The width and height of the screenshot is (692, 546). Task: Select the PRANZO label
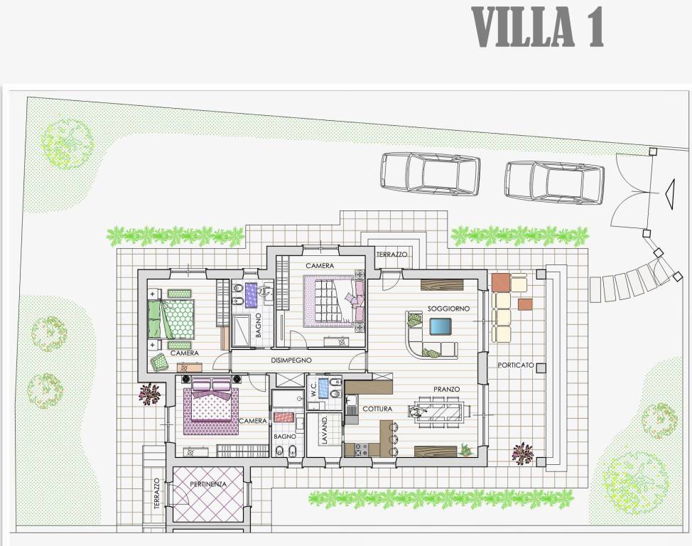click(446, 389)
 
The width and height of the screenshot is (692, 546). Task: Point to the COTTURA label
click(377, 409)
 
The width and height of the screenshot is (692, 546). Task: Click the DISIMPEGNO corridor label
click(291, 360)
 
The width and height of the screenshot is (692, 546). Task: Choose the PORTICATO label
click(516, 365)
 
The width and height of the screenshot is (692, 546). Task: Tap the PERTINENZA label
click(208, 483)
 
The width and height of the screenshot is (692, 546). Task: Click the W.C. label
click(313, 389)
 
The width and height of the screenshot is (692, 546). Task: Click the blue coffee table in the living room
click(440, 326)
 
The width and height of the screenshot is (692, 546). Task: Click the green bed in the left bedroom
click(171, 319)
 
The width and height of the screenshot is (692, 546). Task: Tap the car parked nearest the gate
click(554, 183)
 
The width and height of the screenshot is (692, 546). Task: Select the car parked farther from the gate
click(430, 173)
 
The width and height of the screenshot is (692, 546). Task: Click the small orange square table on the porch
click(525, 305)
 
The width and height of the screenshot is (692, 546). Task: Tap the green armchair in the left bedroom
click(159, 363)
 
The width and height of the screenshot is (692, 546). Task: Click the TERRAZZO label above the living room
click(391, 255)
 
